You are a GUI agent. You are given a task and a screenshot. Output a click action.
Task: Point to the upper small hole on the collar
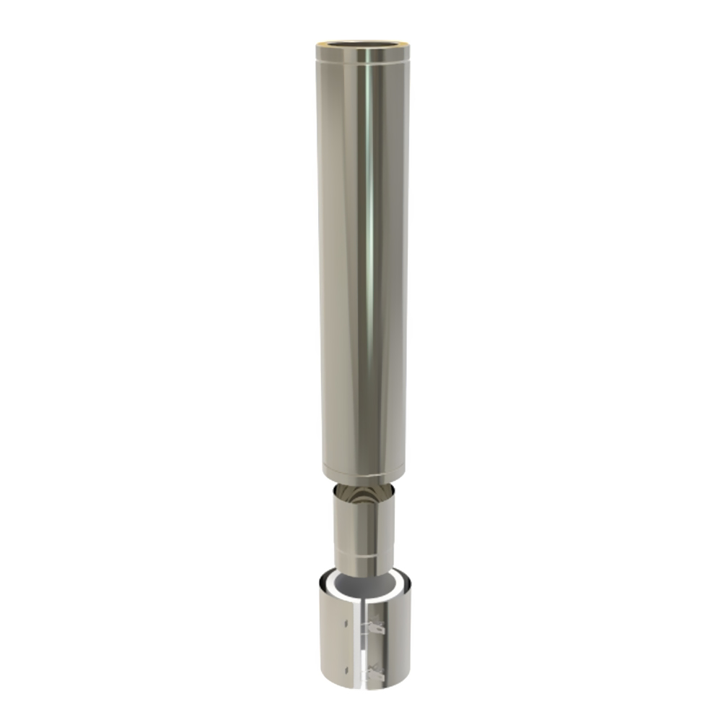click(347, 621)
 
